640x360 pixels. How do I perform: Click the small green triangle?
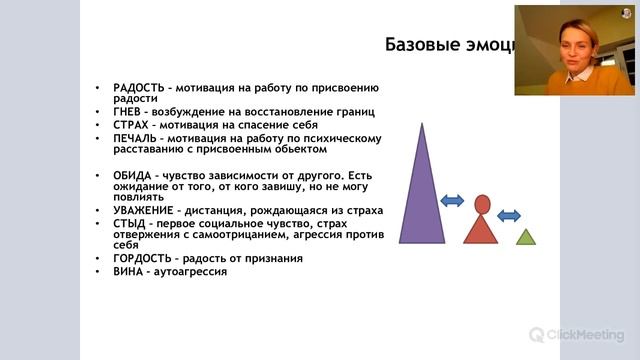[526, 237]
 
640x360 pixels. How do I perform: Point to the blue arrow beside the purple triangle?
[452, 201]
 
